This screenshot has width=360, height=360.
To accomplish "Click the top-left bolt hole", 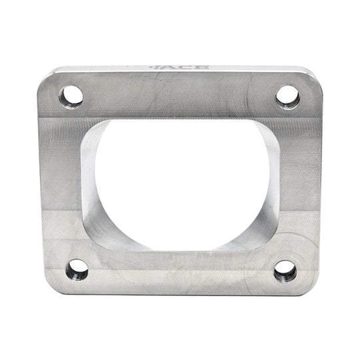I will click(x=71, y=97).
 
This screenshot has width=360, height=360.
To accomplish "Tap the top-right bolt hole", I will click(x=287, y=96).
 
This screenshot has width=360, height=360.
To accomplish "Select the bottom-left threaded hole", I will click(x=77, y=270).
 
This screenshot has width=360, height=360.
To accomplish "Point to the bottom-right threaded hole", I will click(x=285, y=270).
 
